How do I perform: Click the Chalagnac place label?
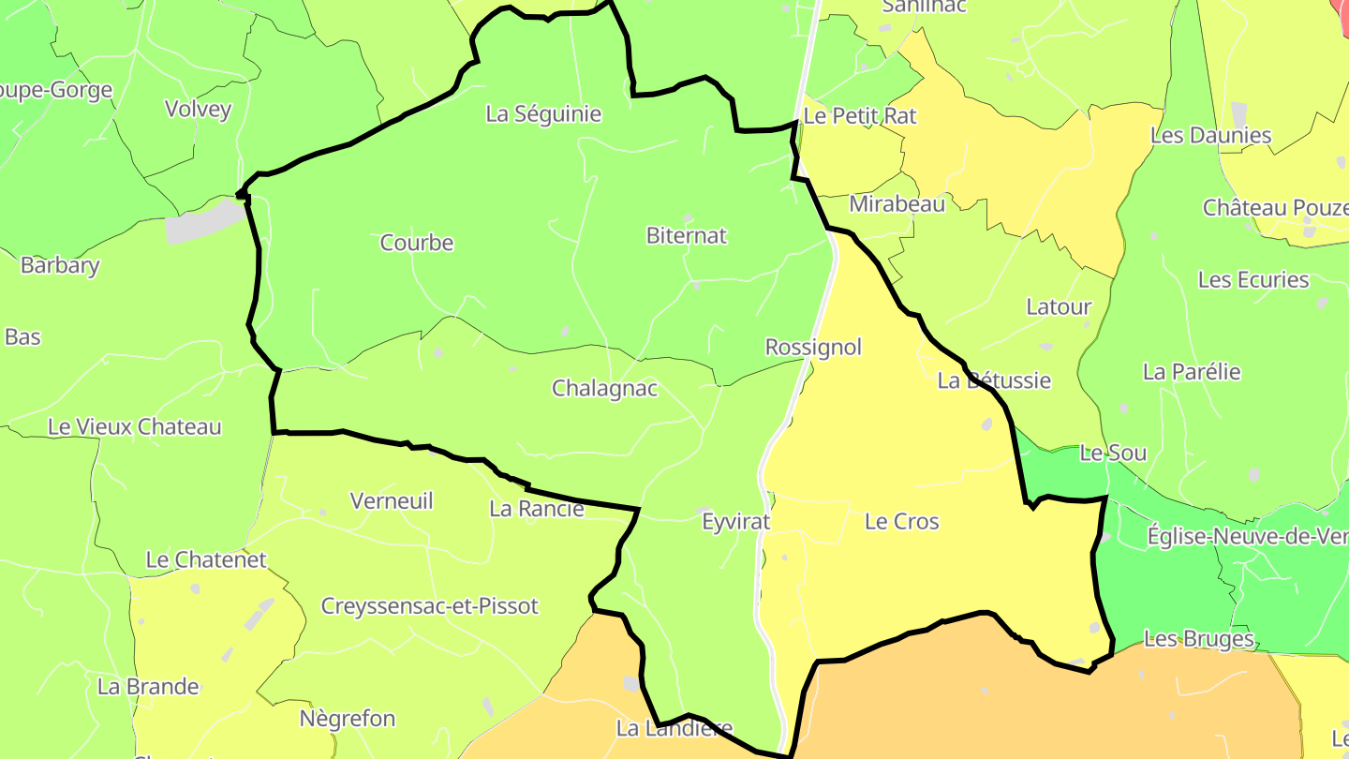604,388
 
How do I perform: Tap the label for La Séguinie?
543,114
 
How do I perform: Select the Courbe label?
417,243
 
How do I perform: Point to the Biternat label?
687,235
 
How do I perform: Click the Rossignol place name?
813,347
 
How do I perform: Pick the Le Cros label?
901,522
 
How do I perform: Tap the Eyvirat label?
736,522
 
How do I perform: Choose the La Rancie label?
537,509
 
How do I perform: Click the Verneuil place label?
392,501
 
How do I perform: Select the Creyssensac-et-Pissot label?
430,606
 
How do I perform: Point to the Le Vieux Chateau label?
135,427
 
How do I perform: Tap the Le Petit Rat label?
860,116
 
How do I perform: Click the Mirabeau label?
897,203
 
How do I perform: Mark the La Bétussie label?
994,380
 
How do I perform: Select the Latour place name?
1059,306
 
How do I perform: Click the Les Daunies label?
1210,135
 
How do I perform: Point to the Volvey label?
198,109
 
